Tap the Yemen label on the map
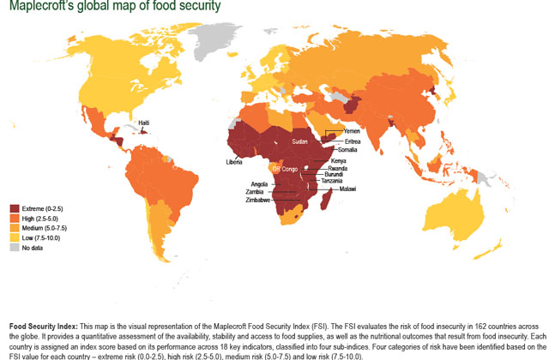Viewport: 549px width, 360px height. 352,131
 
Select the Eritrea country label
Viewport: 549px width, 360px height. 353,141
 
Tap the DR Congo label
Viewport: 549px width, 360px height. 285,168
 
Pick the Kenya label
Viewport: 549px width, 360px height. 339,161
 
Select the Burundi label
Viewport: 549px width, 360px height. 336,175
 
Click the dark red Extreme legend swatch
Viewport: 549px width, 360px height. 15,208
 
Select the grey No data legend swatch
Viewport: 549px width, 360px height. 15,247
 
